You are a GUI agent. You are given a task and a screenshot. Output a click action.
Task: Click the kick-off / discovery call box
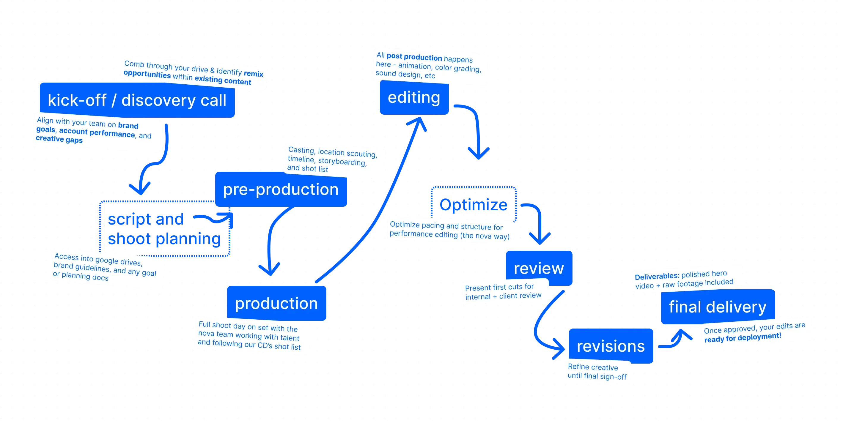click(x=137, y=100)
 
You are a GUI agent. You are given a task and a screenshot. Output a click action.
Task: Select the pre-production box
click(x=281, y=190)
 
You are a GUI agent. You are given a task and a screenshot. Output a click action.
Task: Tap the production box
click(x=276, y=303)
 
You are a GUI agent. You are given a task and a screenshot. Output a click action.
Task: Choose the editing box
click(x=414, y=97)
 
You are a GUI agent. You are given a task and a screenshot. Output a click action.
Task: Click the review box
click(x=539, y=268)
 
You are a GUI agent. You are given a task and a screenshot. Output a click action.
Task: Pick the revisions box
click(x=611, y=346)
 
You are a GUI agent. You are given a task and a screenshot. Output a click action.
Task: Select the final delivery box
click(x=717, y=307)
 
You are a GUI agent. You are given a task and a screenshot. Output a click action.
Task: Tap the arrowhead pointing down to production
click(x=269, y=270)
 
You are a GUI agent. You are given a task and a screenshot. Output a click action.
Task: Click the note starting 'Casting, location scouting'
click(x=332, y=160)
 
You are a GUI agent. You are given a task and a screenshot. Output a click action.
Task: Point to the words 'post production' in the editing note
click(x=414, y=57)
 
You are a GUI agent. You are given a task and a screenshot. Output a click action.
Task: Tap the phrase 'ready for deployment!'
click(x=743, y=337)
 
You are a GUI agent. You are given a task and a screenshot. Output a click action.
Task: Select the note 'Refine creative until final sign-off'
click(x=597, y=372)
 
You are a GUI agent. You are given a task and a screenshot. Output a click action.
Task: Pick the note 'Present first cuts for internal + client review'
click(x=503, y=292)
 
